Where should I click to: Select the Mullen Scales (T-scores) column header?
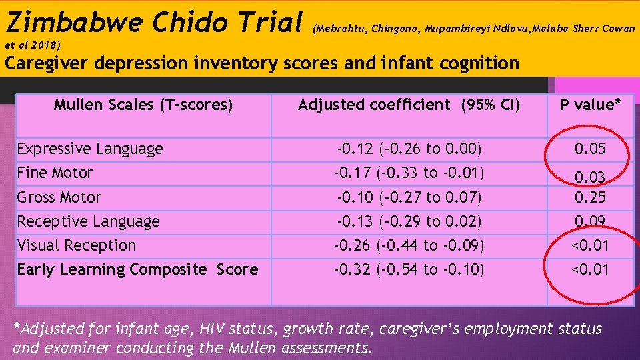(143, 105)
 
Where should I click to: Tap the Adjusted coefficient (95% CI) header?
(409, 105)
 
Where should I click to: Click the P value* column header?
(591, 105)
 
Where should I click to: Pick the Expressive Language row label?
(90, 149)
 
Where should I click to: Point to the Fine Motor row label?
(55, 173)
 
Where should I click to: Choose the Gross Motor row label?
(59, 197)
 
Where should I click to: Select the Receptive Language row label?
(88, 221)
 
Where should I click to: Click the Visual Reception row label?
(77, 245)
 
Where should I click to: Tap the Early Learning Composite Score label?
(137, 269)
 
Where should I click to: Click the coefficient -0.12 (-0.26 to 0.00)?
(409, 149)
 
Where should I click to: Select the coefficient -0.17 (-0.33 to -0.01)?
(409, 173)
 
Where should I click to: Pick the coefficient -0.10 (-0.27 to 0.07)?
(409, 197)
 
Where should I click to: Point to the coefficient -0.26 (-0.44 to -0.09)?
(409, 245)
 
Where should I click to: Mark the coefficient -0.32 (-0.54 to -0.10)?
(409, 269)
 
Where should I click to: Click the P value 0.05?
(591, 149)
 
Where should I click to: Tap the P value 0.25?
(591, 197)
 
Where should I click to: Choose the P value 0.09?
(591, 221)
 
